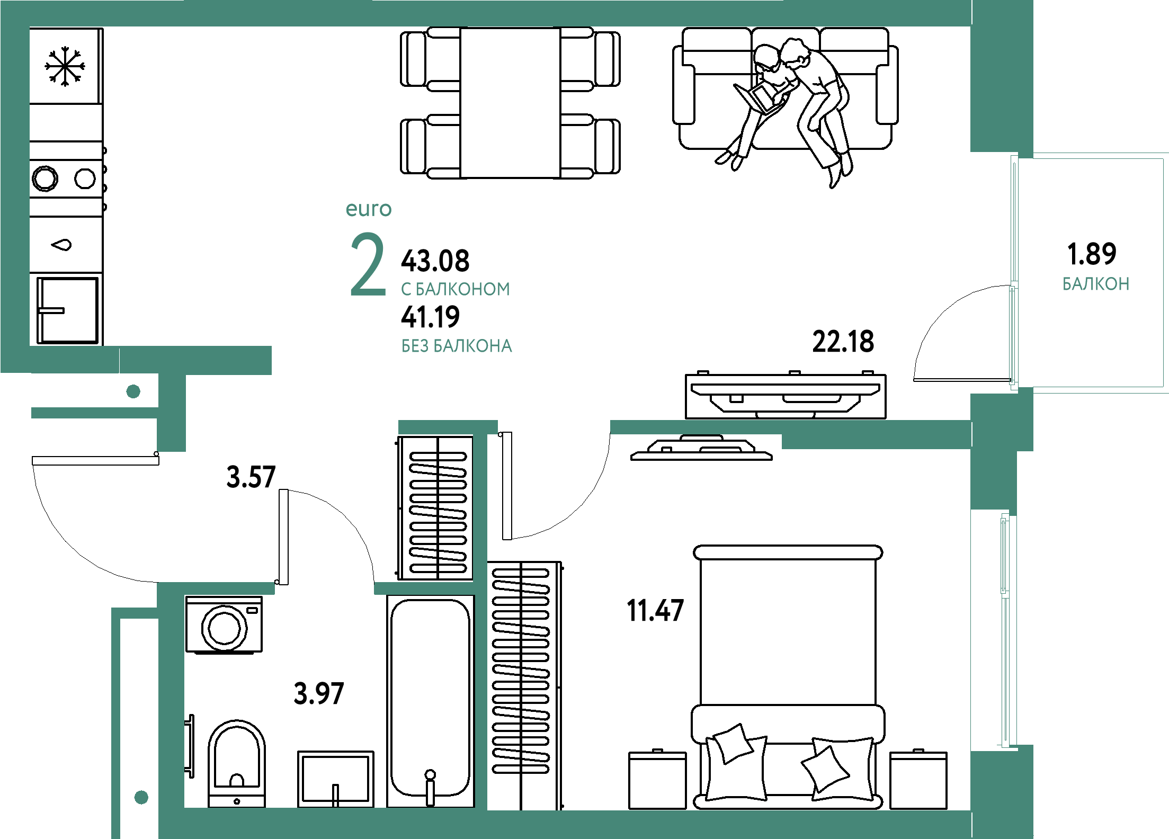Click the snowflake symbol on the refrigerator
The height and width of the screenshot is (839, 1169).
tap(65, 66)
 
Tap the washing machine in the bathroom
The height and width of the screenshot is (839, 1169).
tap(224, 625)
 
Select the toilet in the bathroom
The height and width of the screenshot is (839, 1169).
tap(237, 763)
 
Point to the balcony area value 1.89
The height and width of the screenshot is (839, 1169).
tap(1092, 254)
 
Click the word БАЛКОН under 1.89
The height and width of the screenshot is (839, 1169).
tap(1096, 284)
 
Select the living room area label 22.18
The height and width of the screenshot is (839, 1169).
tap(843, 342)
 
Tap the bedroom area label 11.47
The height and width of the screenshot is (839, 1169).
tap(655, 610)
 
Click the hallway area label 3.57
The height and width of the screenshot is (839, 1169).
tap(251, 477)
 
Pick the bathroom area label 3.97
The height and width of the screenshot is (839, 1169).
tap(319, 693)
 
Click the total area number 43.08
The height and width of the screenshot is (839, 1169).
tap(435, 261)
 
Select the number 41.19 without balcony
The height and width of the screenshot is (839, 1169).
tap(430, 317)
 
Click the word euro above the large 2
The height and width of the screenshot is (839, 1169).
tap(369, 209)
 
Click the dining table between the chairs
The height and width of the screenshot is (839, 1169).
tap(510, 103)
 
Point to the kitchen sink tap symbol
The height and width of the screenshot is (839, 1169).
tap(61, 245)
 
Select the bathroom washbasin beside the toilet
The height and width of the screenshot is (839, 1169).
tap(336, 779)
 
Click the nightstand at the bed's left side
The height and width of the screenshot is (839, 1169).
tap(657, 780)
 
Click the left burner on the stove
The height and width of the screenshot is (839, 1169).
tap(45, 178)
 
